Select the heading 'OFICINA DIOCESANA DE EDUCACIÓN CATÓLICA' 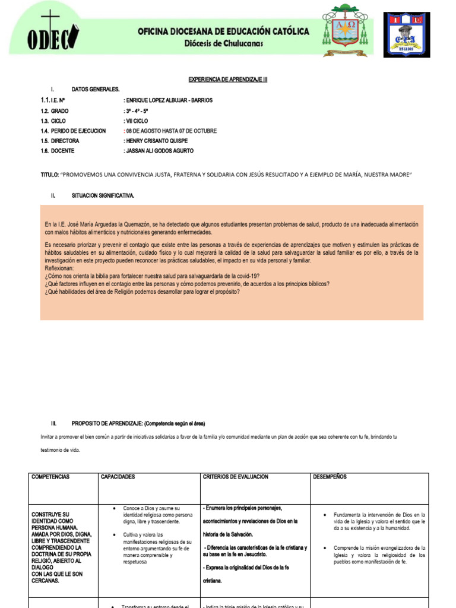(223, 31)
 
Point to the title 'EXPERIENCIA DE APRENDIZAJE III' (228, 79)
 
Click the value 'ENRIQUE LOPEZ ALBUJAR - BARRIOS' (168, 100)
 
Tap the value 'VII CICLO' (136, 121)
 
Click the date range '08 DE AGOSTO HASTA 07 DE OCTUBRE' (170, 131)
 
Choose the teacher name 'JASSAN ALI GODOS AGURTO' (159, 151)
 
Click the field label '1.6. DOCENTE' (60, 151)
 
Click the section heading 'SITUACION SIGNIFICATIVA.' (103, 195)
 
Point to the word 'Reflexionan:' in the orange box (59, 268)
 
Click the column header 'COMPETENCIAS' (50, 477)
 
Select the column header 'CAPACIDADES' (118, 477)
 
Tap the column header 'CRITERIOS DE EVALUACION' (236, 477)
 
